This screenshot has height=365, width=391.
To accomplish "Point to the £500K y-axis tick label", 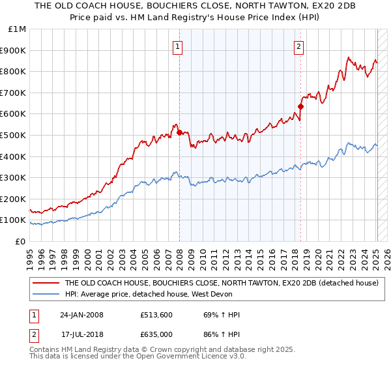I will click(x=14, y=135).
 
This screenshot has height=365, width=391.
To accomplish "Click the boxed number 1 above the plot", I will click(x=178, y=46).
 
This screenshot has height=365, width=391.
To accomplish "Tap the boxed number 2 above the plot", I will click(x=298, y=46).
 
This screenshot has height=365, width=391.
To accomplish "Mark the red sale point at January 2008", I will click(x=179, y=132).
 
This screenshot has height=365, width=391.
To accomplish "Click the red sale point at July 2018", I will click(x=300, y=106).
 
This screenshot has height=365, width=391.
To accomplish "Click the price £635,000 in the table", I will click(x=156, y=334).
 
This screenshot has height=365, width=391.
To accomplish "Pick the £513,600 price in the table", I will click(x=156, y=315).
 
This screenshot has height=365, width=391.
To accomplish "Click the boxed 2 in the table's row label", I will click(x=34, y=334).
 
